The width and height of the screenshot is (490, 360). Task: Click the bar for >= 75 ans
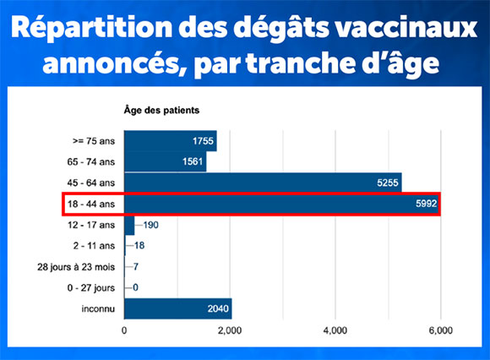(171, 141)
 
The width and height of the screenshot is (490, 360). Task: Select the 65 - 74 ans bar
(166, 161)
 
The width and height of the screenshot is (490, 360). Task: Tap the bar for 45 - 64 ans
(263, 183)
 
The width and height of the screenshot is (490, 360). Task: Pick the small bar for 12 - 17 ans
(129, 225)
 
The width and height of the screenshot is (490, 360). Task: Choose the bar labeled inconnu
(178, 308)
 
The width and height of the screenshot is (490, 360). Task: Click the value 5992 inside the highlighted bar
(427, 204)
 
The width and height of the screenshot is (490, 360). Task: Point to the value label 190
(151, 225)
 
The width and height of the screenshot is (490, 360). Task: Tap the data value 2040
(218, 308)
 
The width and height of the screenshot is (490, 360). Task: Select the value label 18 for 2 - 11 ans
(139, 246)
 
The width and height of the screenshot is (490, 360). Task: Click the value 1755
(203, 141)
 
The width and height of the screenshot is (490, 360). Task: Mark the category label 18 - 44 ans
(91, 204)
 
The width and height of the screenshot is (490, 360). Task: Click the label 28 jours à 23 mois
(76, 267)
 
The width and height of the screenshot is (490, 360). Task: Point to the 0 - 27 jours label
(91, 288)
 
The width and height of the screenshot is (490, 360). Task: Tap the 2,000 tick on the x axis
(230, 330)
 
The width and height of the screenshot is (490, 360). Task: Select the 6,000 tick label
(441, 330)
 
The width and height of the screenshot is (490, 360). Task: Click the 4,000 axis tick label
(335, 330)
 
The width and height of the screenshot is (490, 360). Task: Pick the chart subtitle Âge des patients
(161, 110)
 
